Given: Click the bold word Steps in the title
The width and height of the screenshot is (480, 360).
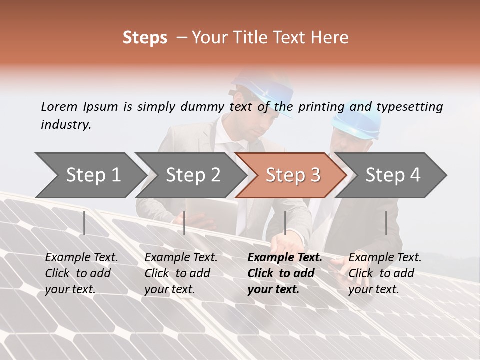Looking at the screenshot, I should point(145,38).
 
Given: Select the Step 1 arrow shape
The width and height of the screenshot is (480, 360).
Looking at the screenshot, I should point(90,175).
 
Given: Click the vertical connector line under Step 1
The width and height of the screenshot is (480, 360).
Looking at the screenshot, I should point(84,223).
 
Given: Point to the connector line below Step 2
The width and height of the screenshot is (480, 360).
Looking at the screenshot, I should point(184,223).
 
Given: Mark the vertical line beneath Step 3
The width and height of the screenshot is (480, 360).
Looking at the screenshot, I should point(285,223).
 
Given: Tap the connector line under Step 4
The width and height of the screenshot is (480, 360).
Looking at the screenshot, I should point(386,223).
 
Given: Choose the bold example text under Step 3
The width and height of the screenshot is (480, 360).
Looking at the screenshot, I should point(284,273).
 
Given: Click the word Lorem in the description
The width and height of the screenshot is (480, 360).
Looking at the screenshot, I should point(59,106).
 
